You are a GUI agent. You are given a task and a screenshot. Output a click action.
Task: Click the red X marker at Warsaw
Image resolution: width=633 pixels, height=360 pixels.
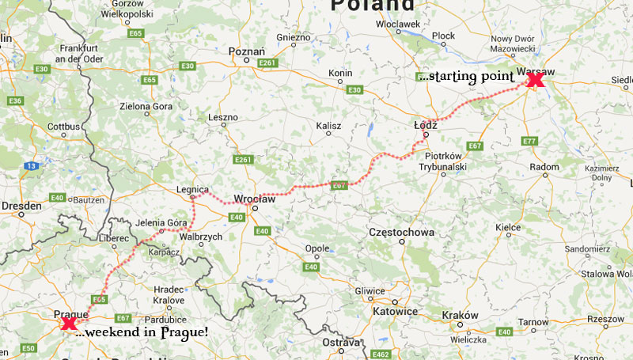coord(536,80)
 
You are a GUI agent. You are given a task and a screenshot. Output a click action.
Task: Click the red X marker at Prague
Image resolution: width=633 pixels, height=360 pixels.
coord(69,323)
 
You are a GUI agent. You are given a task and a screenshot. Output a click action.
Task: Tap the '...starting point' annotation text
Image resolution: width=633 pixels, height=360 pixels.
coord(467,77)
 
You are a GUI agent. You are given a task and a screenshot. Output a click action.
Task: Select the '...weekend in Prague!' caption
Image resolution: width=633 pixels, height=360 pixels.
coord(142,333)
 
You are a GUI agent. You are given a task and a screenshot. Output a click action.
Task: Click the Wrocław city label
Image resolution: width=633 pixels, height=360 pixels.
coord(255,199)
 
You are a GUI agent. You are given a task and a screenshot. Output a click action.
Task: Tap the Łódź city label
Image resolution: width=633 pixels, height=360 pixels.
coord(426,125)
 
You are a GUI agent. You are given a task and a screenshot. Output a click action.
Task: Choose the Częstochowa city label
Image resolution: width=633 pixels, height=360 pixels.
coord(402,233)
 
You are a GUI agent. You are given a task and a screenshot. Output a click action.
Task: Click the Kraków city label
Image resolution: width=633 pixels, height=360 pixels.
coord(461,315)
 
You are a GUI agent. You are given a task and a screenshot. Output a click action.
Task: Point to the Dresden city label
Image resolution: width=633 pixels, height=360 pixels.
coord(21,206)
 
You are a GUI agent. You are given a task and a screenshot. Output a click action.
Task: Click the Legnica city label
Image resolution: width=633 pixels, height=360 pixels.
coord(193,190)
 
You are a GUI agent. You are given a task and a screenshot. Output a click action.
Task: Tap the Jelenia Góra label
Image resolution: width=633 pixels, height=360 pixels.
coord(161,223)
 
